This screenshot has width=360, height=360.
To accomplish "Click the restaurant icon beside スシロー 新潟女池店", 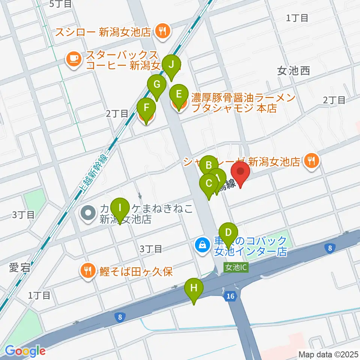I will pyautogui.click(x=162, y=31).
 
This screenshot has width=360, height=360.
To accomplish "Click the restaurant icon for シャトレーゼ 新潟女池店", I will pyautogui.click(x=311, y=161).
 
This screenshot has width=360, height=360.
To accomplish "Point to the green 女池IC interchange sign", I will pyautogui.click(x=235, y=268).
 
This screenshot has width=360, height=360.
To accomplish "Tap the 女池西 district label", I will pyautogui.click(x=294, y=71).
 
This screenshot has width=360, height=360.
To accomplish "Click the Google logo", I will pyautogui.click(x=25, y=351).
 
